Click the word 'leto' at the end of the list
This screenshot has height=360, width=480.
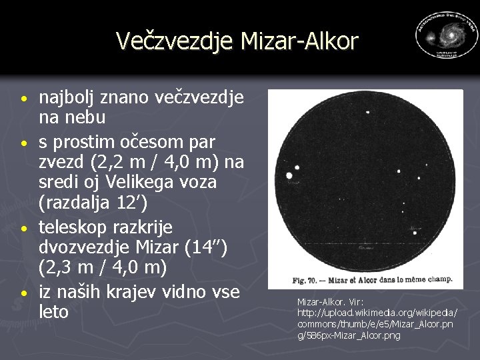(x=54, y=312)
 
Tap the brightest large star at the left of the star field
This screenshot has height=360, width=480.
(x=289, y=175)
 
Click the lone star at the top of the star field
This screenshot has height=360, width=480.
(x=367, y=112)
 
